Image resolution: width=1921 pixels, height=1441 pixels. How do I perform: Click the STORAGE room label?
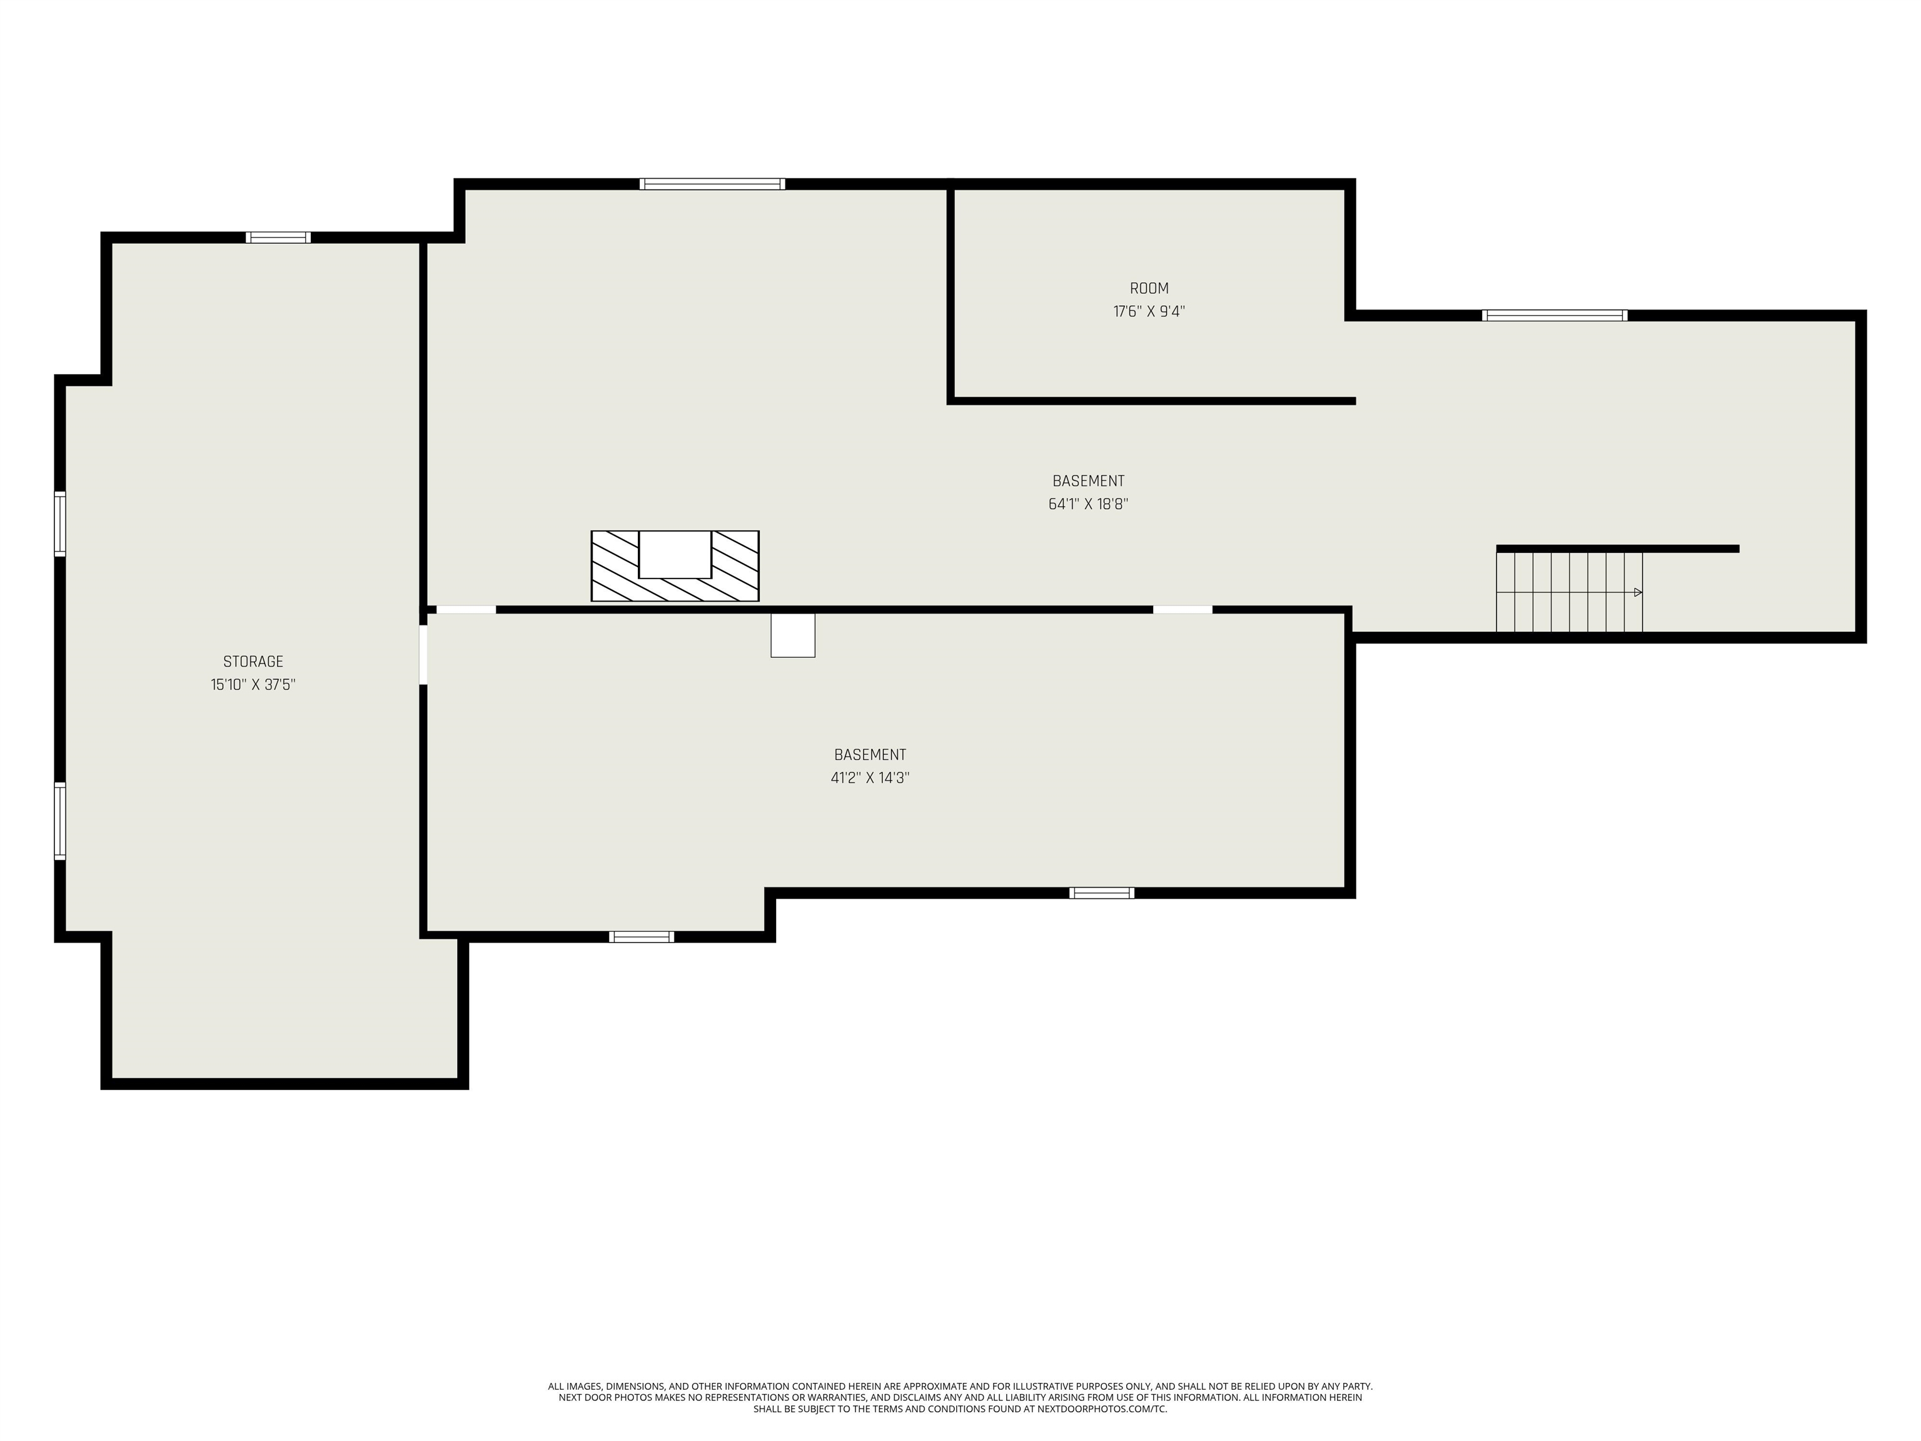(253, 662)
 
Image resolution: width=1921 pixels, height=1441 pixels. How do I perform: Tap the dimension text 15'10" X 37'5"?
(253, 684)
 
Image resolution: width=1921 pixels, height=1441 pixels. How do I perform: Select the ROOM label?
(1149, 288)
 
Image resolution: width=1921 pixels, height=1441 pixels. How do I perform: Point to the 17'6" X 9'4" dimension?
(1149, 311)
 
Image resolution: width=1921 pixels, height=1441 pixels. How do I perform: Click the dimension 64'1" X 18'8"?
(1088, 503)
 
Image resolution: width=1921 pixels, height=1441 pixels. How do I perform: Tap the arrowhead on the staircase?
(1638, 592)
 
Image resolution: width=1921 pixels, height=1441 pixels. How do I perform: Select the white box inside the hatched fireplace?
(675, 554)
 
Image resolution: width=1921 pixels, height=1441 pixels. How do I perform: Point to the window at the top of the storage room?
(278, 237)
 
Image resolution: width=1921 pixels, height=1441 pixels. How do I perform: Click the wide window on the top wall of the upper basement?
(712, 183)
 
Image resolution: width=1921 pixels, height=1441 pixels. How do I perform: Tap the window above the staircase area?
(1555, 315)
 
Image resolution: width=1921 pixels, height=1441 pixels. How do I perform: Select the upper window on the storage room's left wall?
(60, 523)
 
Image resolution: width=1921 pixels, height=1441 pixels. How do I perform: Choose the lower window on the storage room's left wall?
(60, 821)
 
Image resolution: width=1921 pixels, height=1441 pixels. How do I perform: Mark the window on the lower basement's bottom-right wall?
(1101, 893)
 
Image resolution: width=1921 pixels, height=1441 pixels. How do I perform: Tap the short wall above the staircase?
(1617, 549)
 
